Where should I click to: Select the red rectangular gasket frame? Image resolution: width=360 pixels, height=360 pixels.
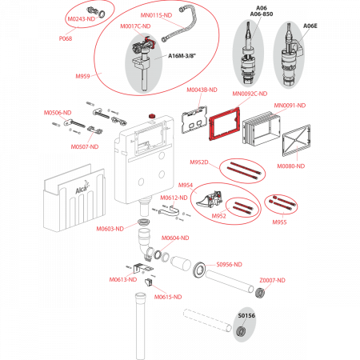click(x=223, y=126)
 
